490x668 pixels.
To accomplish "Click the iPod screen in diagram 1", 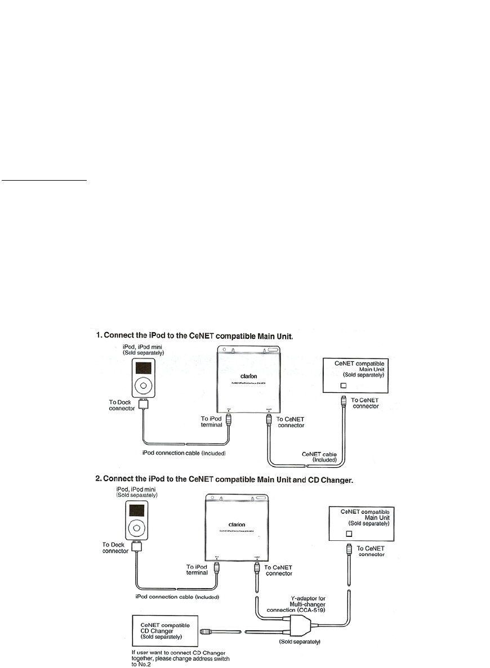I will pos(144,370).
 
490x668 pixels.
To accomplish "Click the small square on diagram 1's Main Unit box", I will pos(345,385).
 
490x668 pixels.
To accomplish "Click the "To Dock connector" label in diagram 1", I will pos(121,406).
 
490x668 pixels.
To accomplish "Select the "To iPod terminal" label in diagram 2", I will pos(198,570).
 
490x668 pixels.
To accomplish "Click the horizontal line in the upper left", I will pos(44,181).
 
